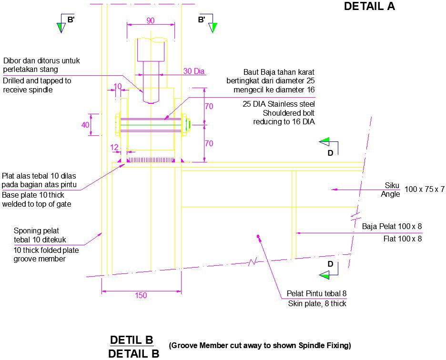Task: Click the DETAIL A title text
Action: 369,6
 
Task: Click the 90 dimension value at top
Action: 150,20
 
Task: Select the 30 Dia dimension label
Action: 193,71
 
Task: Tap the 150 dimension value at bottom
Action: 141,295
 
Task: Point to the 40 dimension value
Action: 85,125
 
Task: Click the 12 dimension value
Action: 114,148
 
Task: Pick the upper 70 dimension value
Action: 209,107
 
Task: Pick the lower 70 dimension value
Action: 209,143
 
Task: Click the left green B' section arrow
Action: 61,27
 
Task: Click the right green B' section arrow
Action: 213,27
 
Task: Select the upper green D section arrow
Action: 325,141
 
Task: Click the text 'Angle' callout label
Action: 390,194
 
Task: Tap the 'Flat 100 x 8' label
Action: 403,239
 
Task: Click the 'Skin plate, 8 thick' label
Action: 317,303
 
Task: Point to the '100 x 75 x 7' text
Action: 424,189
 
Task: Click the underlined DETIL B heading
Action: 132,340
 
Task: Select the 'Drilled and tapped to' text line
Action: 37,81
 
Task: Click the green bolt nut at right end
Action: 188,125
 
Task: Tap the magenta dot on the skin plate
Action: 258,236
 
